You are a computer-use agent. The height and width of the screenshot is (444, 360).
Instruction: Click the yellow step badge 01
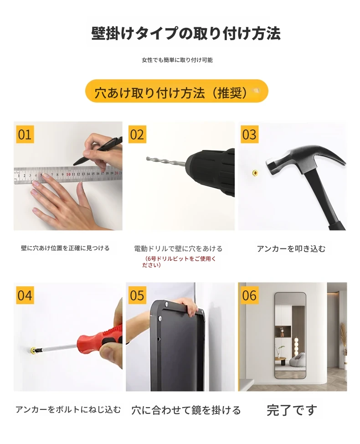click(25, 134)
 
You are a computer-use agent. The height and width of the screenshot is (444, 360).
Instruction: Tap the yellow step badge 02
click(137, 134)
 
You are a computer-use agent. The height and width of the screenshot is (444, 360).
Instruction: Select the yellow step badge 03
click(249, 134)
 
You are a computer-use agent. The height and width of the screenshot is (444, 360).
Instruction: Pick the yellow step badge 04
click(25, 295)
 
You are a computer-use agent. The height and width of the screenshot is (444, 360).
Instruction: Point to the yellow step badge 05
click(137, 295)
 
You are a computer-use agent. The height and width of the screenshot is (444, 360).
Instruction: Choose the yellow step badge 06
click(249, 295)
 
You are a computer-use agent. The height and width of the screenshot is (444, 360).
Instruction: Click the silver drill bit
click(166, 161)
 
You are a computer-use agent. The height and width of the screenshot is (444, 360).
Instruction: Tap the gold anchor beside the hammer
click(255, 172)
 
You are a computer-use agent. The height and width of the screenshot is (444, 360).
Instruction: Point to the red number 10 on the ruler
click(68, 175)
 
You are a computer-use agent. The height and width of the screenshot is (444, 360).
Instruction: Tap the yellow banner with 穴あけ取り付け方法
click(177, 91)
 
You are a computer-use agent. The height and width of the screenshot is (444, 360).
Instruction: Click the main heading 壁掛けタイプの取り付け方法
click(186, 33)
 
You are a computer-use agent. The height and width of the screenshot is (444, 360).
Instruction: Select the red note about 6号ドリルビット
click(179, 262)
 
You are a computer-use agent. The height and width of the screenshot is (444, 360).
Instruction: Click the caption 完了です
click(292, 410)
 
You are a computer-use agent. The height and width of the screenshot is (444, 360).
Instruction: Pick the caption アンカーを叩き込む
click(291, 248)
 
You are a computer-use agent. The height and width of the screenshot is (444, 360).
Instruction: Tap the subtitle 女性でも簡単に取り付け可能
click(177, 60)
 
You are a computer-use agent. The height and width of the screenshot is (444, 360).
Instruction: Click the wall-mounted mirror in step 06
click(291, 336)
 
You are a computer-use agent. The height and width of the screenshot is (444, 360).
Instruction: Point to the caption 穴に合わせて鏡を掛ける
click(186, 410)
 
